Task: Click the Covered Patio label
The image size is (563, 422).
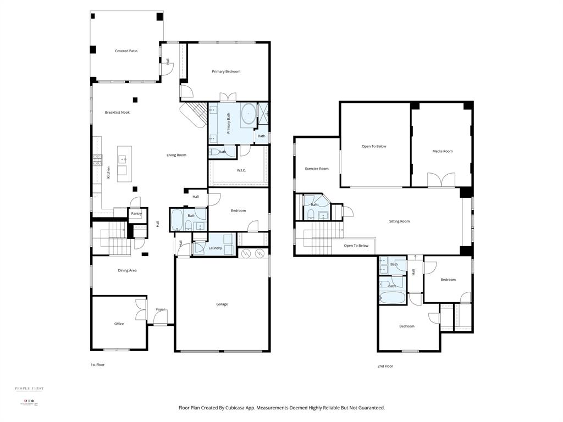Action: point(126,51)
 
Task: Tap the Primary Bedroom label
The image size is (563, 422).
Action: point(226,71)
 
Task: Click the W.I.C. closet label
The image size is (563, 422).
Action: point(241,170)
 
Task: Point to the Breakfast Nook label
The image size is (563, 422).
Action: point(117,113)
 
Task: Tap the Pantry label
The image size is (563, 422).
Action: point(136,214)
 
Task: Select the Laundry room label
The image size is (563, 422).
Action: point(215,248)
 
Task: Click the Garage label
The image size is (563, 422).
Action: point(222,304)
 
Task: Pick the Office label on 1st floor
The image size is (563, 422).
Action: point(119,324)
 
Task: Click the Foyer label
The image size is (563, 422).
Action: point(161,309)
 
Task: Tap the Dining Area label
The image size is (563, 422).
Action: point(127,270)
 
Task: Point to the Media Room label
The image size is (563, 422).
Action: point(442,151)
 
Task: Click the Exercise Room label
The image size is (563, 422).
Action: point(317,169)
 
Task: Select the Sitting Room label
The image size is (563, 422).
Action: point(399,221)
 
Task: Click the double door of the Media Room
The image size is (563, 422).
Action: point(441,181)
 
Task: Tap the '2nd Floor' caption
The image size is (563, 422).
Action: point(385,366)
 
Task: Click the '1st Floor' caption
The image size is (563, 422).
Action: point(97,365)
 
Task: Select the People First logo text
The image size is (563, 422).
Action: point(29,388)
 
